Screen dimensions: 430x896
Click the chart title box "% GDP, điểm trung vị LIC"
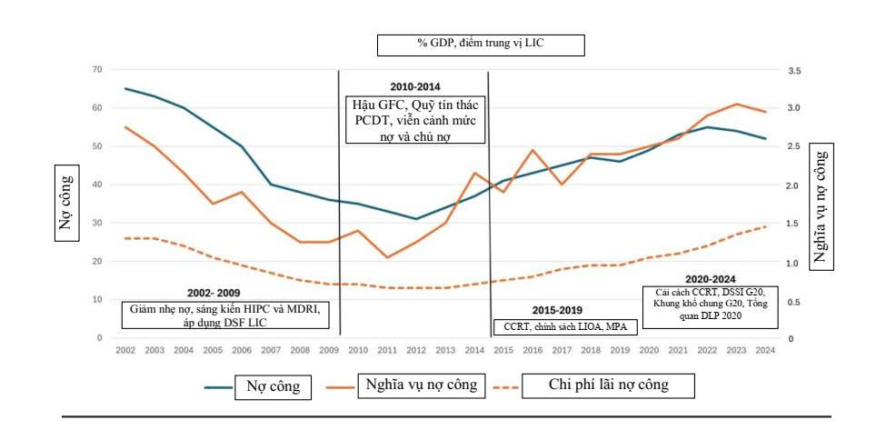[x=480, y=45]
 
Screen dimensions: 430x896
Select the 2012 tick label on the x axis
[x=416, y=351]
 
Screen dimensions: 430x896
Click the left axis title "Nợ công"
[x=66, y=203]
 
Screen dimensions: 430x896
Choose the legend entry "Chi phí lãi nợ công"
[x=608, y=385]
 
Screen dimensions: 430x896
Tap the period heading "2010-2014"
[x=415, y=86]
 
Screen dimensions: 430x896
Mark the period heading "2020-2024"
[x=711, y=279]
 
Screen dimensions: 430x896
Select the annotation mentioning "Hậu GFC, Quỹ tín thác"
[x=414, y=120]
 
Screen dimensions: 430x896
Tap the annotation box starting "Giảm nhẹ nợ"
[x=226, y=315]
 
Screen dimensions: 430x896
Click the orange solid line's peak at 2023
[x=737, y=105]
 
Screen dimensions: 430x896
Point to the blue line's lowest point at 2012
[x=416, y=219]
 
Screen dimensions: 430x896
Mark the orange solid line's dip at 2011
[x=387, y=257]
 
